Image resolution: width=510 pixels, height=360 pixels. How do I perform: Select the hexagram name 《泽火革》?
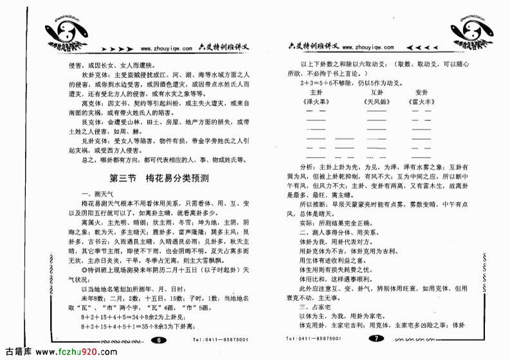(x=315, y=102)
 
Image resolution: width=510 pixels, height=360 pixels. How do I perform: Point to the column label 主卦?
(x=315, y=92)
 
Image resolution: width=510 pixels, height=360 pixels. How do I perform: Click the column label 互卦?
(x=377, y=92)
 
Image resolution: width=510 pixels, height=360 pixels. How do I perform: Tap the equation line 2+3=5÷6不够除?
(x=337, y=83)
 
